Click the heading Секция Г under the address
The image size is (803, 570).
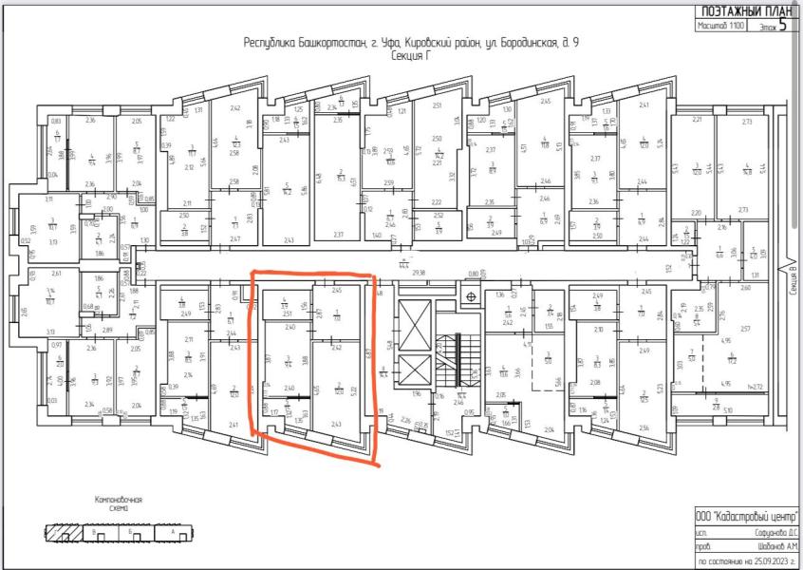pos(411,57)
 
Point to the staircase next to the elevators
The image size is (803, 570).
pos(458,366)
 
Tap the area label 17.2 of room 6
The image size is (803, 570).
pos(733,362)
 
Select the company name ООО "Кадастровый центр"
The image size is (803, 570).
pos(746,514)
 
